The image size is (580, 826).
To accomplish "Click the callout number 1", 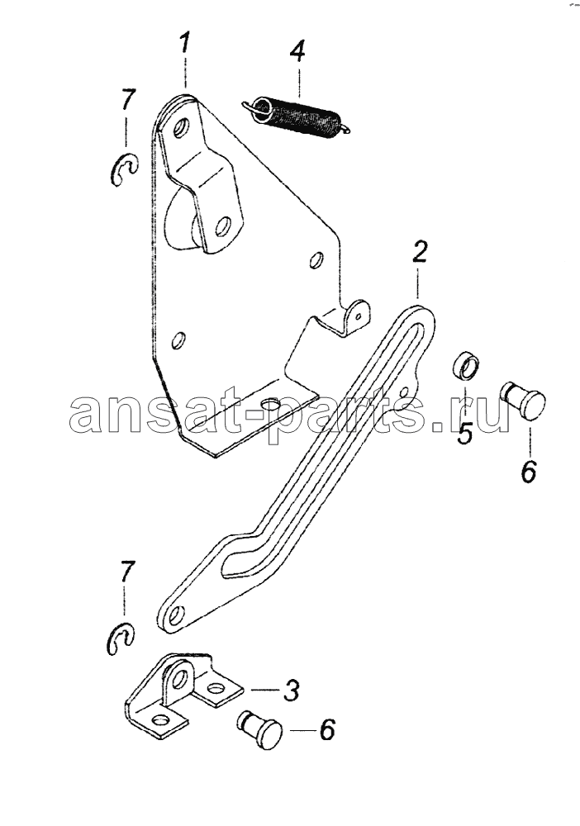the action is coord(184,42).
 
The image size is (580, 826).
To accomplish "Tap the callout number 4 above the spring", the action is coord(297,50).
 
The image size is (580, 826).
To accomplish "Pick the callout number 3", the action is coord(292,690).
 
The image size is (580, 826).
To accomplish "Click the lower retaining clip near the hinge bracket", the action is coord(120,638).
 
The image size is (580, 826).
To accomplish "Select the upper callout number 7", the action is coord(127,100).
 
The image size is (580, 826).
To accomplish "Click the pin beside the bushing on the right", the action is coord(523,400).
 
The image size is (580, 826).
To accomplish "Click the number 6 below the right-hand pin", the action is coord(529,472).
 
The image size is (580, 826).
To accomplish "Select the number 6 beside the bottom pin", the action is coord(327,730).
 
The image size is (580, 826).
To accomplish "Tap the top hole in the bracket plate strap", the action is coord(181,128).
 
